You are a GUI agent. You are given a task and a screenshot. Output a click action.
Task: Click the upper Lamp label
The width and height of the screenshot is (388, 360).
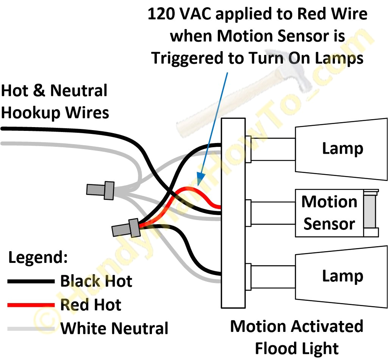tap(343, 148)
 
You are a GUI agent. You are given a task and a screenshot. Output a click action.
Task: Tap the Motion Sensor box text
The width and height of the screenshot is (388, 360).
tap(329, 212)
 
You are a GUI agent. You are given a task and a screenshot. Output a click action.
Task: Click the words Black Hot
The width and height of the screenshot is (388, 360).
tap(96, 281)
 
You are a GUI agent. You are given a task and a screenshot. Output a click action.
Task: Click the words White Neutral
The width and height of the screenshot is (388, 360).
tap(114, 328)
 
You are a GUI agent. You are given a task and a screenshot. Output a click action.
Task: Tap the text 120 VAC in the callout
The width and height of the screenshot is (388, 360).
tap(178, 14)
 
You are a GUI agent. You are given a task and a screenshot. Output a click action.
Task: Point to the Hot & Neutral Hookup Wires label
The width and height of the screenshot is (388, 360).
tap(55, 102)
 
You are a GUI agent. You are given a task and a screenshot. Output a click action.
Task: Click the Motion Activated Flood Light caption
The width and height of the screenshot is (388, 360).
tap(297, 337)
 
